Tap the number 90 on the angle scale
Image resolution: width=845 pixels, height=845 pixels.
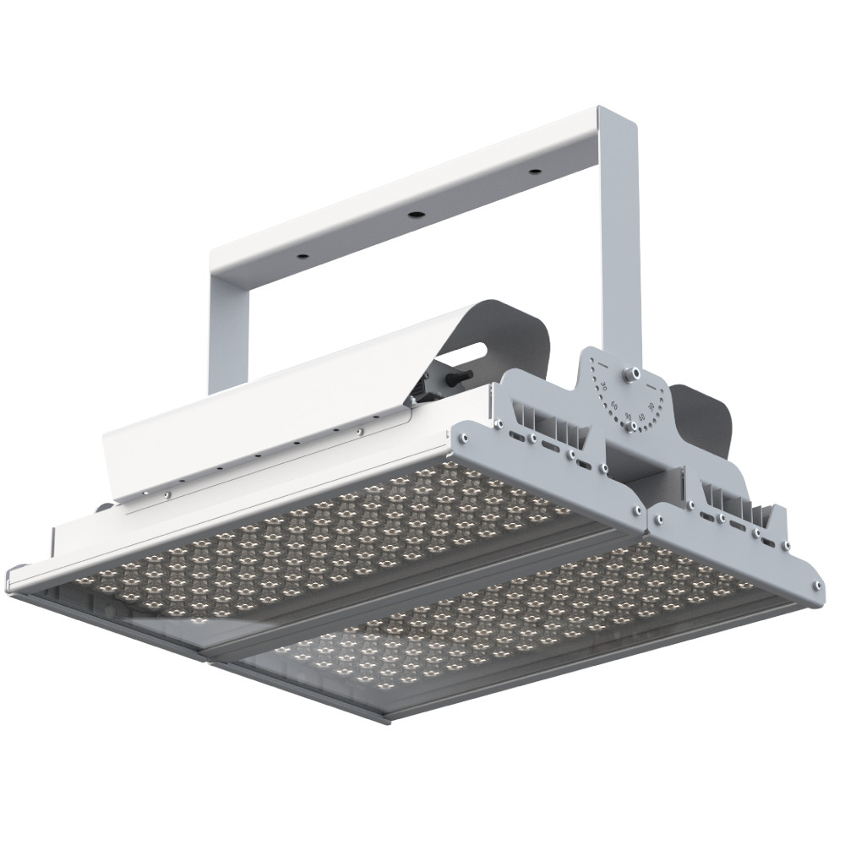[628, 417]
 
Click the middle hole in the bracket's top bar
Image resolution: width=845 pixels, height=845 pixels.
[415, 215]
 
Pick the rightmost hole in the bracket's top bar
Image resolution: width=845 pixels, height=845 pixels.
[535, 172]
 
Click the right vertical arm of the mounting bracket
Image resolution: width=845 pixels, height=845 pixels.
[621, 237]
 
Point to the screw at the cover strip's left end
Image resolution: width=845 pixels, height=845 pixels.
[166, 495]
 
